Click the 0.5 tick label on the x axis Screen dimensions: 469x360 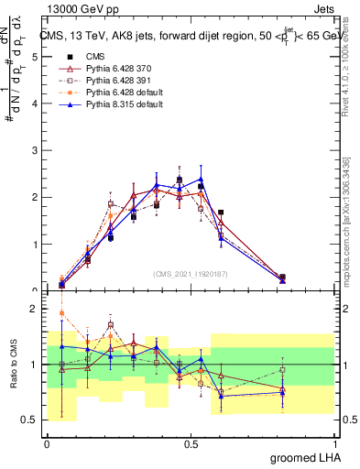tap(191, 444)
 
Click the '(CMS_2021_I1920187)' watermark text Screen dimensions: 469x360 tap(190, 274)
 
